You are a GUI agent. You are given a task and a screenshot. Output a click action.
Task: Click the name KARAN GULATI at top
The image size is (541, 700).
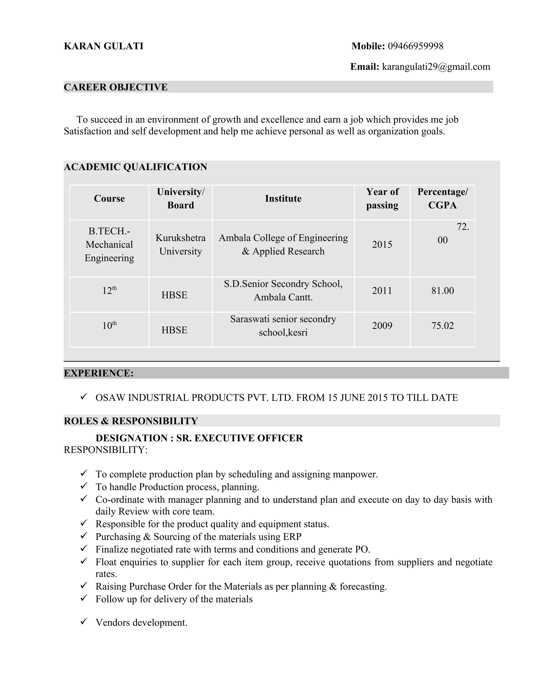[104, 46]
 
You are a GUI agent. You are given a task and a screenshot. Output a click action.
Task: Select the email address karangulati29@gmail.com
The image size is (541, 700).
[436, 67]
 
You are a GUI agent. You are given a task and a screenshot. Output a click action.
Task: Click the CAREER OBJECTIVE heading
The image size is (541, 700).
[115, 87]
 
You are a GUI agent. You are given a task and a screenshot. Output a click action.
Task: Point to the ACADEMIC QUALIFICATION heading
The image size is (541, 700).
[135, 167]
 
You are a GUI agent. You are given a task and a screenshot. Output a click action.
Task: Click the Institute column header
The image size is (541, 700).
[283, 199]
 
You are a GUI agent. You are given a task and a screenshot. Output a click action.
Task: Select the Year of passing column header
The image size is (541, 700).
[382, 198]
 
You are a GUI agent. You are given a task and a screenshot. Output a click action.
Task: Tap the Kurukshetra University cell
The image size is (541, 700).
[180, 245]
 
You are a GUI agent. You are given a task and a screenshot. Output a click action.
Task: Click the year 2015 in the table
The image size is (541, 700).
[382, 245]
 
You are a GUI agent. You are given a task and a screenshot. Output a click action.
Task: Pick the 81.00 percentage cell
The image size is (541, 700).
[442, 291]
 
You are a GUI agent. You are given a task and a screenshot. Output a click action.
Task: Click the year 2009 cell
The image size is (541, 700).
[382, 326]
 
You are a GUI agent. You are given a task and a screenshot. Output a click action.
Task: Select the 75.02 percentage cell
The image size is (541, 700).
[442, 326]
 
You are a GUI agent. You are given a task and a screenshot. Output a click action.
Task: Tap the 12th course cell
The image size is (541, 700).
[109, 291]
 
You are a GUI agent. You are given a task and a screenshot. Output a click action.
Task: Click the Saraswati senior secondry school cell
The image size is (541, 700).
[283, 326]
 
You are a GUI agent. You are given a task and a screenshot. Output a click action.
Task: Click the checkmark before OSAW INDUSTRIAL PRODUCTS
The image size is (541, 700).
[84, 397]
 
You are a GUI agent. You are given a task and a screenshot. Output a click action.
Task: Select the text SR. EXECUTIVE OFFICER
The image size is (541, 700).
[239, 438]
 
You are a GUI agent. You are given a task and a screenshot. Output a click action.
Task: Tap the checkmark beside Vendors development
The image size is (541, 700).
[84, 622]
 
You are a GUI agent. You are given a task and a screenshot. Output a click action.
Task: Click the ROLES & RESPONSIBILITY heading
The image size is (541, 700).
[131, 421]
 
